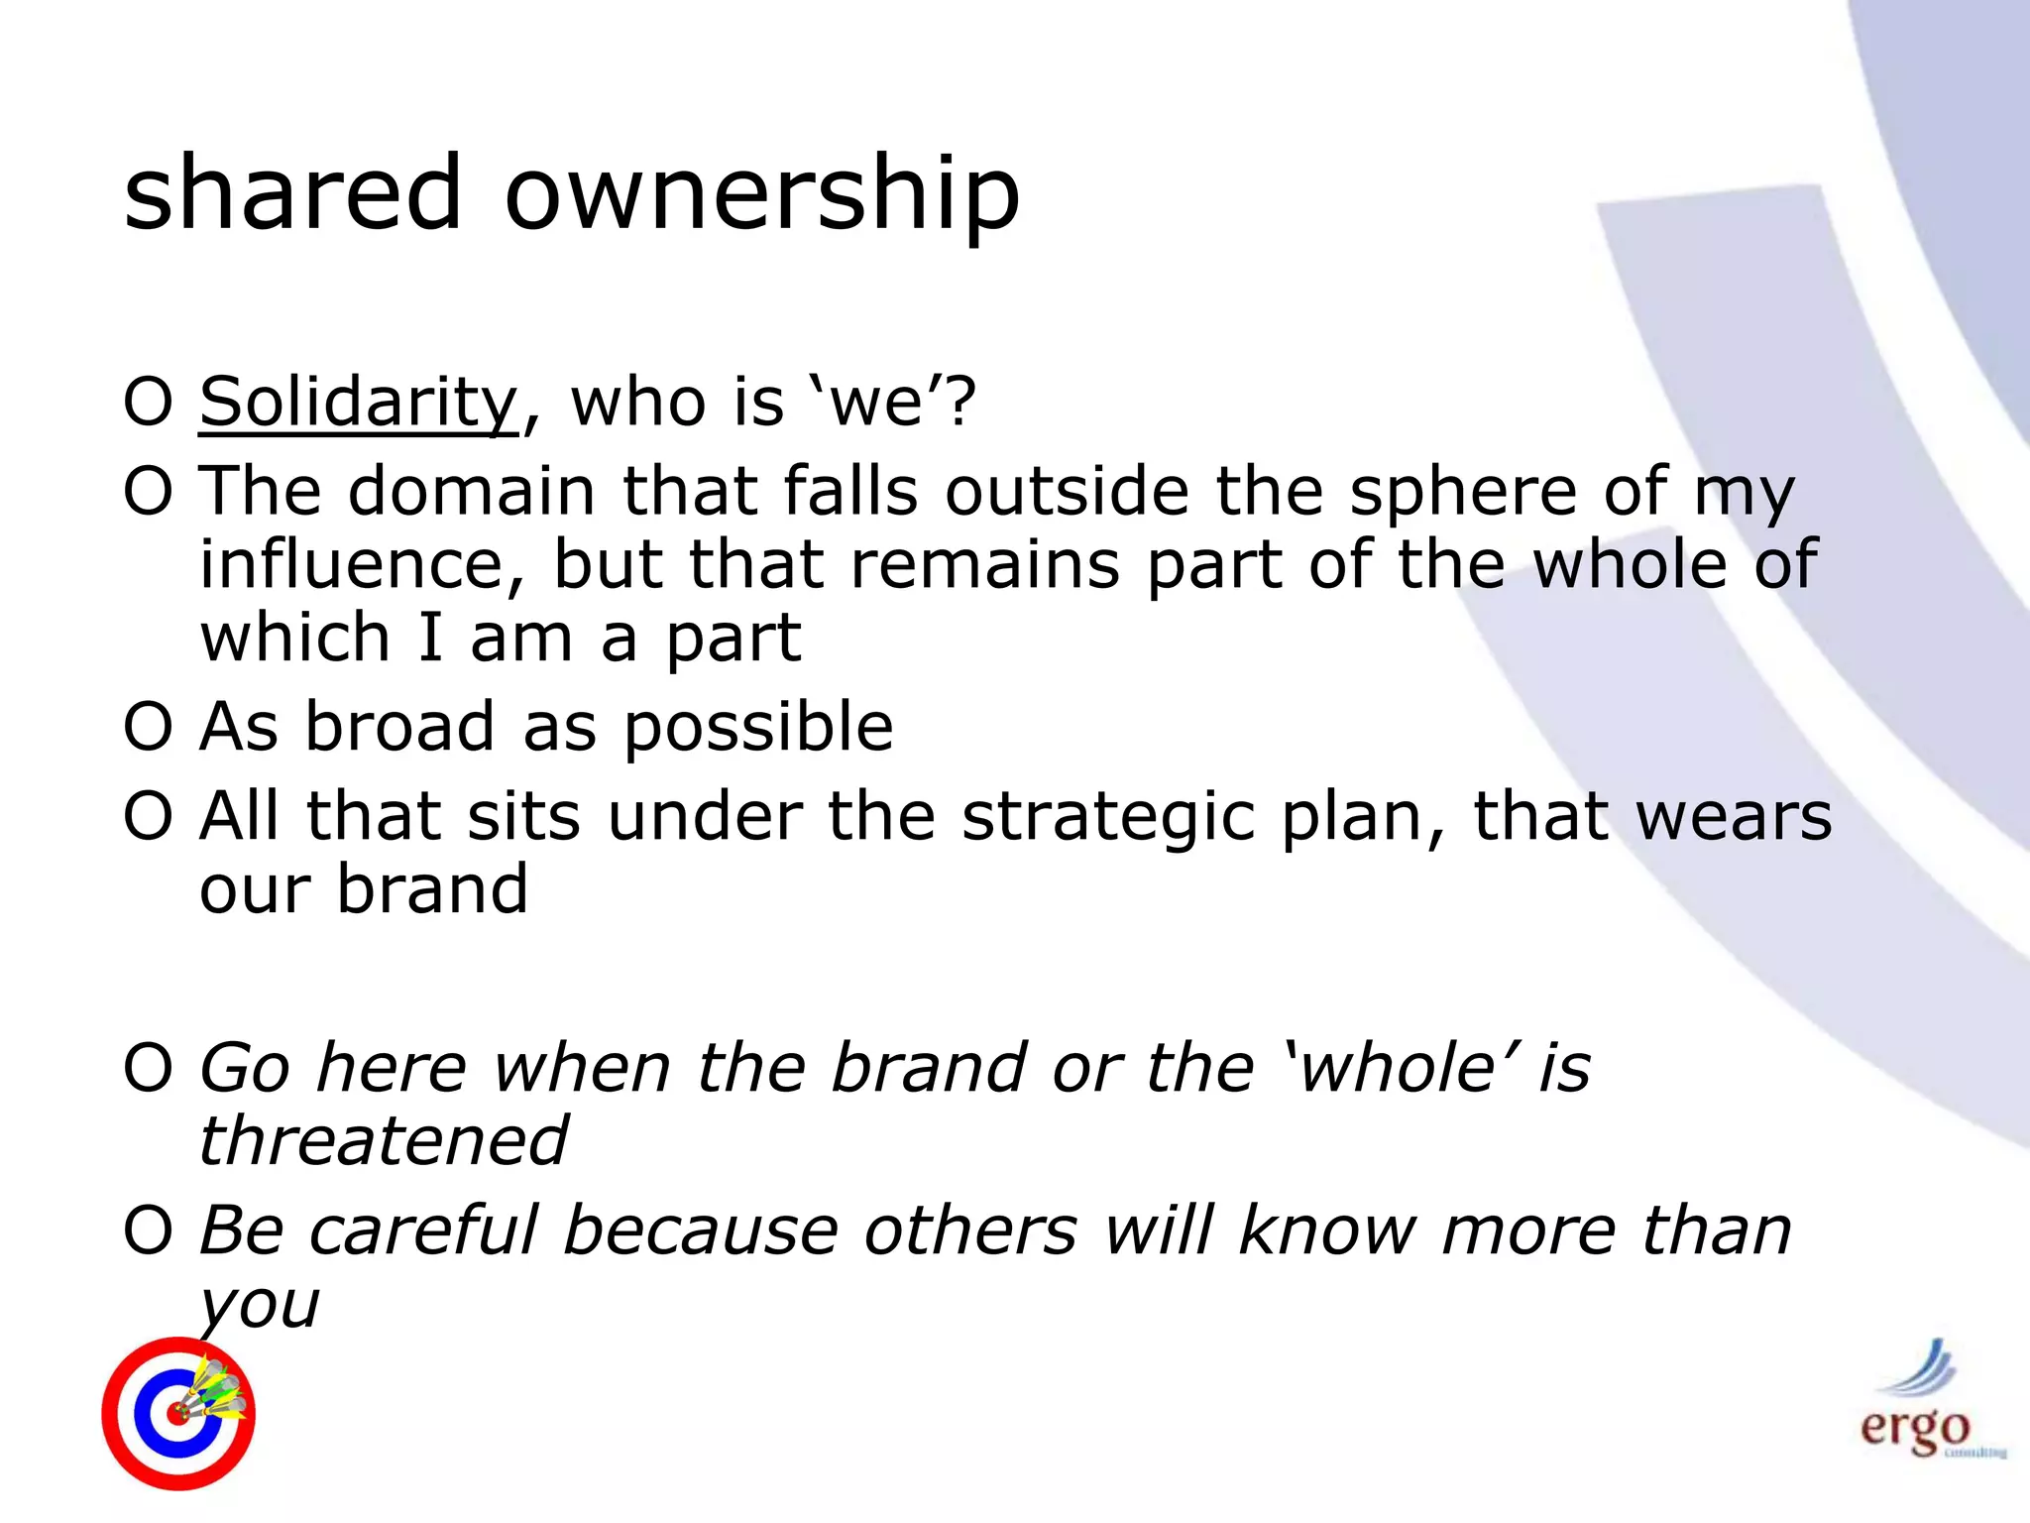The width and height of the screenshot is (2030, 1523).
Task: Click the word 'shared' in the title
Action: pyautogui.click(x=292, y=193)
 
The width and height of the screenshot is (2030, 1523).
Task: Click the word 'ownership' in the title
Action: pyautogui.click(x=761, y=193)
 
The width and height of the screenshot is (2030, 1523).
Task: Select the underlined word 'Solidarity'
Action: pyautogui.click(x=359, y=402)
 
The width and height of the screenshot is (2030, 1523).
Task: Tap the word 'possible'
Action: pyautogui.click(x=758, y=729)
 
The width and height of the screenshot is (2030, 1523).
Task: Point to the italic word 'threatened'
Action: pyautogui.click(x=385, y=1140)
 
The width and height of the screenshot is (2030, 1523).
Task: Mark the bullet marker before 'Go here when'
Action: pyautogui.click(x=149, y=1068)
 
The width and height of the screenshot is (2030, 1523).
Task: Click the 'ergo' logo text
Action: pyautogui.click(x=1914, y=1429)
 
